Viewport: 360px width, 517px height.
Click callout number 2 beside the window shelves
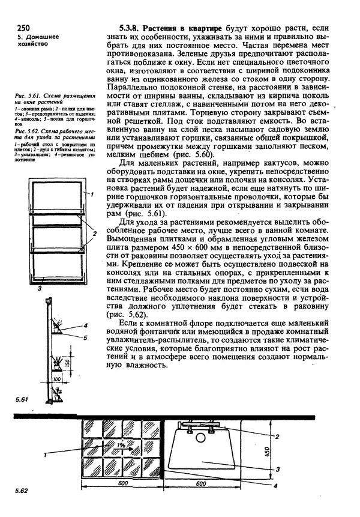(94, 232)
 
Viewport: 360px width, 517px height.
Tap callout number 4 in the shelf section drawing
(85, 326)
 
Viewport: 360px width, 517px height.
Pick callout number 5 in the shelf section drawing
(85, 338)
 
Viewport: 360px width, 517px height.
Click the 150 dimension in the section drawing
(69, 364)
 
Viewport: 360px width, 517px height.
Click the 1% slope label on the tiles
(121, 446)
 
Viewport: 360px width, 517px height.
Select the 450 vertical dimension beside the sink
(284, 450)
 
